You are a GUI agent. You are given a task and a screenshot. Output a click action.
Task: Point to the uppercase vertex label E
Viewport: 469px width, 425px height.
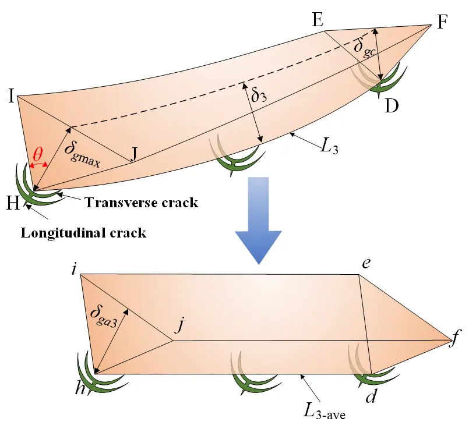pyautogui.click(x=317, y=22)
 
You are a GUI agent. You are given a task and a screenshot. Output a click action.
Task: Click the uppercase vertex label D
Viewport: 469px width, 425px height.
pyautogui.click(x=392, y=106)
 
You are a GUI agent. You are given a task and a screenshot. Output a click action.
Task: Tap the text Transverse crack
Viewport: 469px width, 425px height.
pyautogui.click(x=142, y=203)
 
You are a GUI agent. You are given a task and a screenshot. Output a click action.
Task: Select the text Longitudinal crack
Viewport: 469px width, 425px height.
pyautogui.click(x=83, y=233)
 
